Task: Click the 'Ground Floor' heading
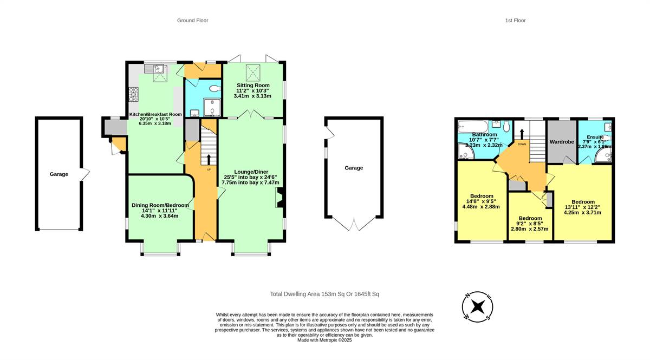click(x=192, y=21)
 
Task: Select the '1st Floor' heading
click(x=515, y=21)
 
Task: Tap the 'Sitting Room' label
click(x=252, y=86)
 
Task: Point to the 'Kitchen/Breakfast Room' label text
click(x=155, y=114)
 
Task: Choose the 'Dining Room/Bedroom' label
click(x=160, y=205)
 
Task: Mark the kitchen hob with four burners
click(x=133, y=95)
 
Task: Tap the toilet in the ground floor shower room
click(x=214, y=88)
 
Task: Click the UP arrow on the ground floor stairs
click(x=209, y=159)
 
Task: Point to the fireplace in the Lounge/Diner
click(x=280, y=198)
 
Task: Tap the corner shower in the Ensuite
click(x=603, y=156)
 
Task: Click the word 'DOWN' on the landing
click(x=522, y=145)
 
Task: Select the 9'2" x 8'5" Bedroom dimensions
click(x=529, y=225)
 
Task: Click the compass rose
click(x=477, y=306)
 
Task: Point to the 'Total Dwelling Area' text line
click(x=324, y=294)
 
